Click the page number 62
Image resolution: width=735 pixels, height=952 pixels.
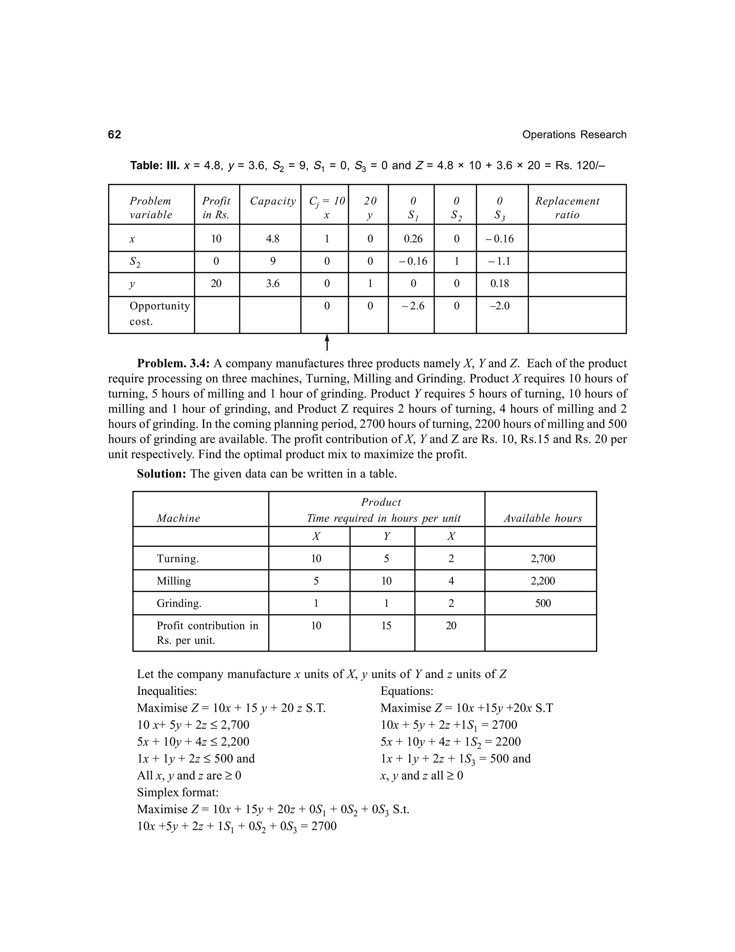point(114,135)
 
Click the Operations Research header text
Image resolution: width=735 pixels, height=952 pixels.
point(574,135)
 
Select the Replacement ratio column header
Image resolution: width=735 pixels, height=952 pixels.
point(567,208)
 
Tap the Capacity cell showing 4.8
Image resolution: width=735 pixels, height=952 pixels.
point(273,239)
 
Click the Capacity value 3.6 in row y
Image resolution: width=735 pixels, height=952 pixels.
point(273,284)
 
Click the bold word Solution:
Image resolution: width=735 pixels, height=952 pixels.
point(161,474)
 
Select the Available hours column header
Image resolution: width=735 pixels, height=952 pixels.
point(543,518)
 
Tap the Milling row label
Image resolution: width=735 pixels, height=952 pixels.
point(174,581)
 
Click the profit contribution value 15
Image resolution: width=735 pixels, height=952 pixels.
point(386,626)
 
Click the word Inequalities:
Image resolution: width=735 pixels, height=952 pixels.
point(167,691)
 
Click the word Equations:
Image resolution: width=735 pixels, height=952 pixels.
point(407,691)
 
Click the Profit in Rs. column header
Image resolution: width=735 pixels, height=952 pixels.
point(216,208)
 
